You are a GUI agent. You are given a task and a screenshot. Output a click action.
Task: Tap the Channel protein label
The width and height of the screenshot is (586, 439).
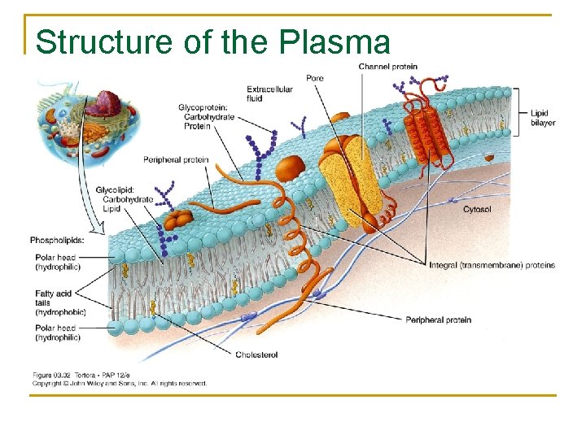pyautogui.click(x=387, y=67)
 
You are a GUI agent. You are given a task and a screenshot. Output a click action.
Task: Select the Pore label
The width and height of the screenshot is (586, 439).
pyautogui.click(x=314, y=78)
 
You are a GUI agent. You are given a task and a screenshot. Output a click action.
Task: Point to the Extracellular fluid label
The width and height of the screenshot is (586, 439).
pyautogui.click(x=269, y=93)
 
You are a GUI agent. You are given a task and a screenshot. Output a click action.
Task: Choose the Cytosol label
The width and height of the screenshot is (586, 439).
pyautogui.click(x=477, y=210)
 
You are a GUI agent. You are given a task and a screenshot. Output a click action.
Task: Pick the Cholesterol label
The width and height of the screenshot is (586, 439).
pyautogui.click(x=256, y=354)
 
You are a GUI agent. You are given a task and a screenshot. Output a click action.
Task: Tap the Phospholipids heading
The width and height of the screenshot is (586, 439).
pyautogui.click(x=57, y=239)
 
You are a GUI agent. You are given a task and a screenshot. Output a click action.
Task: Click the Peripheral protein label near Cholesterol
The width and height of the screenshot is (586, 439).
pyautogui.click(x=438, y=319)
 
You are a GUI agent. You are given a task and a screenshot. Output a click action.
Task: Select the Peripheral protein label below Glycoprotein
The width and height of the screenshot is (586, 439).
pyautogui.click(x=176, y=160)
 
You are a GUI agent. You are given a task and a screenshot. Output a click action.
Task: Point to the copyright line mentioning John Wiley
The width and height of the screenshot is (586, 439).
pyautogui.click(x=119, y=383)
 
